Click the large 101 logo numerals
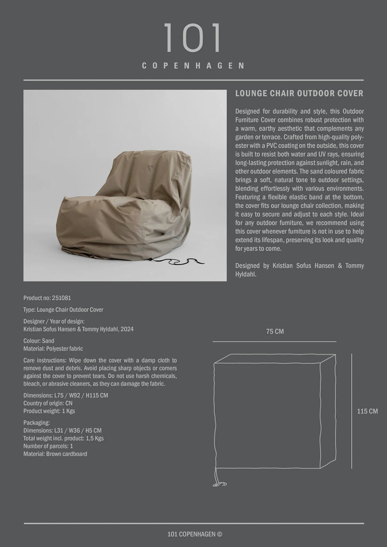(192, 38)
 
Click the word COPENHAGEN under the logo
(193, 66)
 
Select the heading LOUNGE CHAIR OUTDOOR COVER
(299, 93)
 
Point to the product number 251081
(61, 298)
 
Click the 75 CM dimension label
(275, 332)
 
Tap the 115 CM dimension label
(367, 411)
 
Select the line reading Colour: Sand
(39, 341)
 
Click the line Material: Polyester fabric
(53, 349)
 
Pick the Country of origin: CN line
(48, 403)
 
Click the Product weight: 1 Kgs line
(49, 411)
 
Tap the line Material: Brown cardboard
(55, 454)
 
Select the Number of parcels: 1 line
(48, 446)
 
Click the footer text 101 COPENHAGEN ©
(195, 534)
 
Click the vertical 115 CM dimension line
(352, 411)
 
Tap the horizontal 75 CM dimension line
(274, 342)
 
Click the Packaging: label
(36, 423)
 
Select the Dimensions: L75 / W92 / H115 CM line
(66, 395)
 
